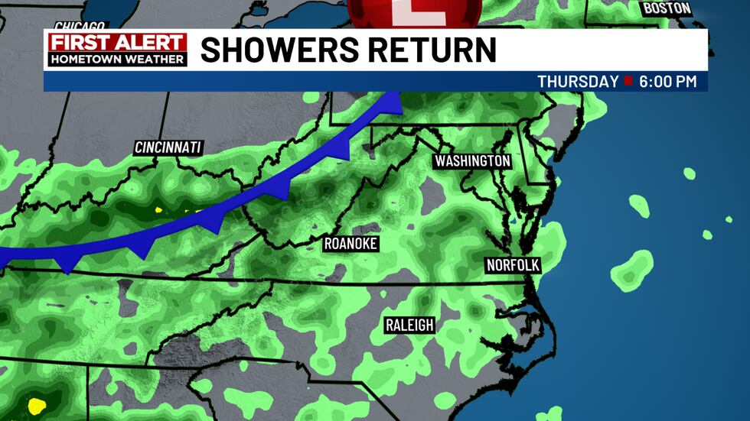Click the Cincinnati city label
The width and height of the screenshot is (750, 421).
[x=168, y=147]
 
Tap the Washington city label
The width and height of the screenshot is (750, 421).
[x=472, y=161]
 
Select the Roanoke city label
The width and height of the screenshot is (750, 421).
[x=351, y=244]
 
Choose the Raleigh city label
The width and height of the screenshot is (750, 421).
[x=409, y=325]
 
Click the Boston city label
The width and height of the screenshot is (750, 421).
[x=667, y=8]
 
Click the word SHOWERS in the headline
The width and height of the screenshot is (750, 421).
[x=284, y=50]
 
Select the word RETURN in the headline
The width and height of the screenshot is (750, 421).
[x=436, y=50]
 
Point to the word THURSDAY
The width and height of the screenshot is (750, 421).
[x=578, y=82]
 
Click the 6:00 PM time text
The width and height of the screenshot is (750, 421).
[x=668, y=82]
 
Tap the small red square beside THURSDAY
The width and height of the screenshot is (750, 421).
[x=628, y=82]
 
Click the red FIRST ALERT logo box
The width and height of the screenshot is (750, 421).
[x=116, y=43]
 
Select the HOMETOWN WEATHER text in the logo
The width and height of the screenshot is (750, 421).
[x=116, y=59]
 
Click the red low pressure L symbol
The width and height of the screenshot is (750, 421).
[x=414, y=11]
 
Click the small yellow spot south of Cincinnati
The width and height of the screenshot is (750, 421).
[x=160, y=210]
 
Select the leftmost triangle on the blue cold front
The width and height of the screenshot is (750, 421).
[x=67, y=264]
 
